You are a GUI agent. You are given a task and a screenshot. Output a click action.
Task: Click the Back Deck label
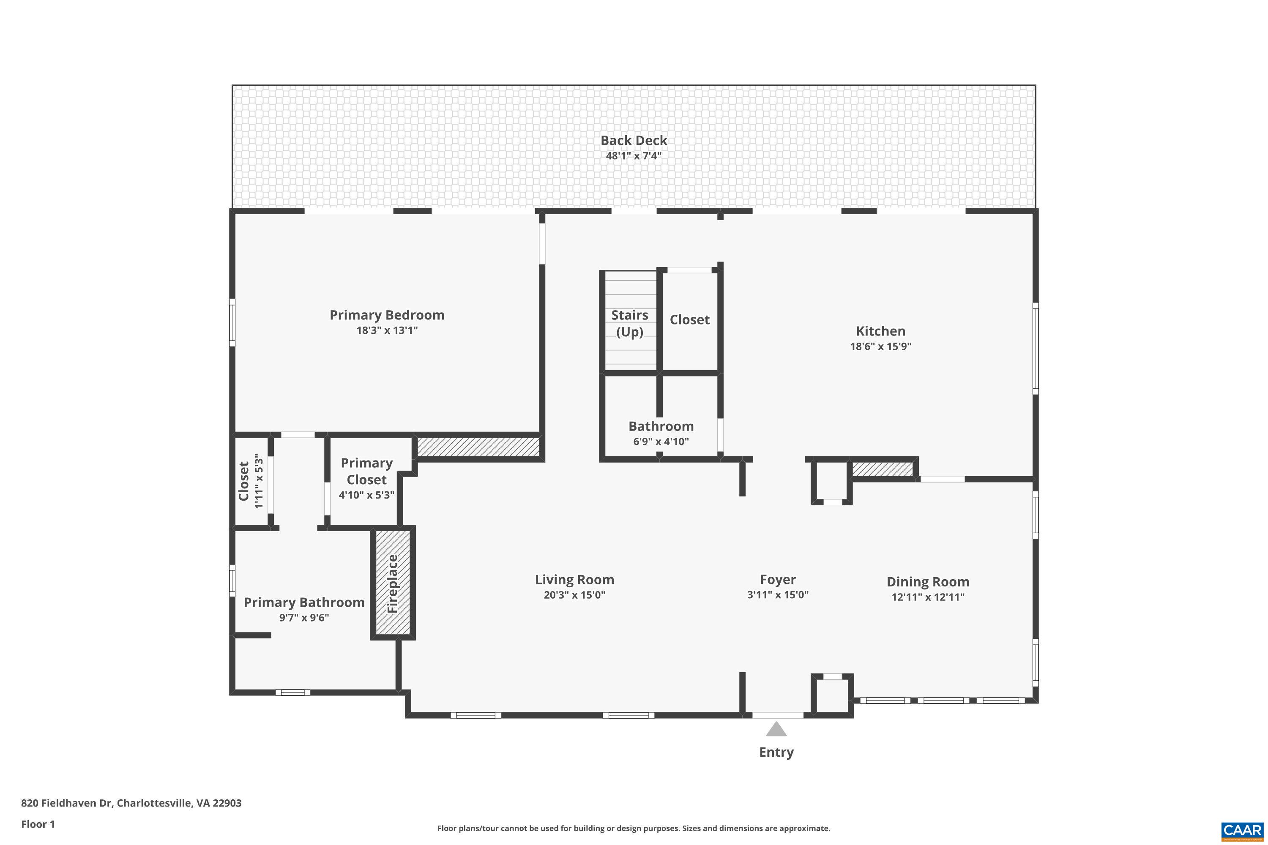click(x=634, y=140)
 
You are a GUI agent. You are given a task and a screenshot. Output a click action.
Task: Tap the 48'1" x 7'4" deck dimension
click(x=634, y=156)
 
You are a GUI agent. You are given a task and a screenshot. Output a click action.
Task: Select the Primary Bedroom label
click(x=387, y=315)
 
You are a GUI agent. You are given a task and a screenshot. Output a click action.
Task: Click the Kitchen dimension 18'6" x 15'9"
click(x=880, y=346)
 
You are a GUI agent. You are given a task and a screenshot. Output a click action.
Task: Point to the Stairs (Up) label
click(x=629, y=323)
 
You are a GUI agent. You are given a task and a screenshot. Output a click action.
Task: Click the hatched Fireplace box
click(x=393, y=583)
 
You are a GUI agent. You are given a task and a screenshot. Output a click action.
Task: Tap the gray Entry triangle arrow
click(x=776, y=730)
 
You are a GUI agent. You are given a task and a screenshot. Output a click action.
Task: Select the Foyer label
click(x=777, y=579)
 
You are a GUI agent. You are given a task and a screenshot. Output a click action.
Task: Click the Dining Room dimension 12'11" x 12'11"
click(x=927, y=597)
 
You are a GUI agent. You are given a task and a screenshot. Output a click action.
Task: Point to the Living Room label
click(x=574, y=579)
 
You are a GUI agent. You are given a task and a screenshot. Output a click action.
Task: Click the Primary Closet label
click(x=366, y=471)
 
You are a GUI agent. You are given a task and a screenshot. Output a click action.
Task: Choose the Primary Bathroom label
click(x=304, y=602)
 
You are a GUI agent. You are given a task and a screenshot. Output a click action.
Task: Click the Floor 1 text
click(x=38, y=824)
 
